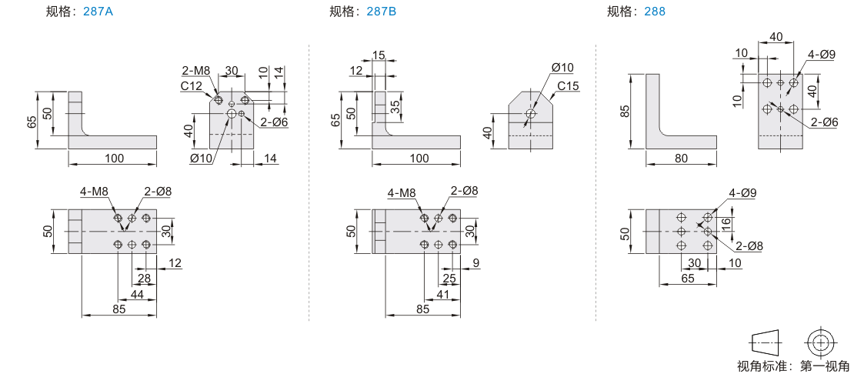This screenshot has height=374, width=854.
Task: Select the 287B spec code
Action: coord(382,12)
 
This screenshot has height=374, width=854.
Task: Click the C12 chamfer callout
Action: coord(192,86)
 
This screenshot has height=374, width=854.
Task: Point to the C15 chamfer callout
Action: coord(567,85)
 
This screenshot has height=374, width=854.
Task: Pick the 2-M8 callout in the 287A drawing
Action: coord(196,71)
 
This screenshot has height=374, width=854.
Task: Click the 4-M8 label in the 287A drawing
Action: coord(93,192)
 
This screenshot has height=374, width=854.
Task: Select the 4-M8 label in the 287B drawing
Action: coord(402,192)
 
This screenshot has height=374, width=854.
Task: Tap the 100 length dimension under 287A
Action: coord(114,158)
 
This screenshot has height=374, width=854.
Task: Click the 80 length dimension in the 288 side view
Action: coord(682,158)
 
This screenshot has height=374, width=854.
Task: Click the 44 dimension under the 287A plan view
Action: coord(137,294)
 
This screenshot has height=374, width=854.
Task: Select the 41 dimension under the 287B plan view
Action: coord(442,294)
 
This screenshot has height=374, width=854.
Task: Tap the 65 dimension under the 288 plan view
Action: coord(688,278)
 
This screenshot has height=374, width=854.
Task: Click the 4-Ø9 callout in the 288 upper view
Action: coord(821,55)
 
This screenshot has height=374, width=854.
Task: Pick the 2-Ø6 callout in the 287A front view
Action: coord(274,122)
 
